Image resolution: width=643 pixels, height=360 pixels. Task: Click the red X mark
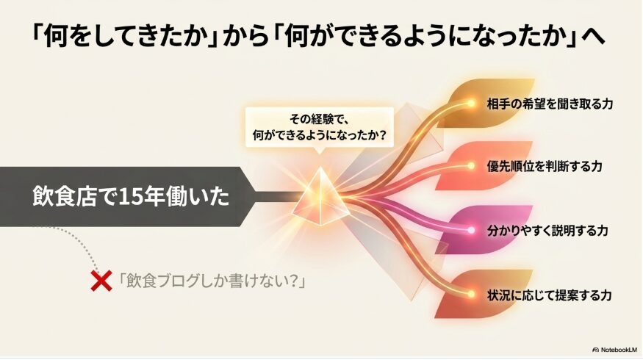coord(101,281)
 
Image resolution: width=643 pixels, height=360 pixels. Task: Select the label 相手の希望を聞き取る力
coord(550,104)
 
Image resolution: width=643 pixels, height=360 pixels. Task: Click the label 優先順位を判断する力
coord(545,166)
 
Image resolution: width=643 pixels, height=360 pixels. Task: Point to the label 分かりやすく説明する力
coord(547,231)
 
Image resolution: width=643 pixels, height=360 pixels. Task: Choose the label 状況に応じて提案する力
coord(549,295)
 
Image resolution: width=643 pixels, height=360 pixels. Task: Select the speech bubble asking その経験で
coord(320,127)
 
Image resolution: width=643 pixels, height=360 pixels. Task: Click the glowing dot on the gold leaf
coord(471,104)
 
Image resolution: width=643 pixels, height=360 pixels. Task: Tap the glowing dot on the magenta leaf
coord(471,231)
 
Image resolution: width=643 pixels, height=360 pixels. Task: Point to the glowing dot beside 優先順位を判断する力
coord(471,166)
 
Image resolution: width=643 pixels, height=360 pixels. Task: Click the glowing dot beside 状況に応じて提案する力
coord(471,294)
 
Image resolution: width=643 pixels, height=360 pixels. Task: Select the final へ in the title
coord(593,37)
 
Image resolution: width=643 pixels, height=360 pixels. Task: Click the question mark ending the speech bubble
coord(383,134)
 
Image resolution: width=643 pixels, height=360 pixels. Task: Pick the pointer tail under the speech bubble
coord(320,151)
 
